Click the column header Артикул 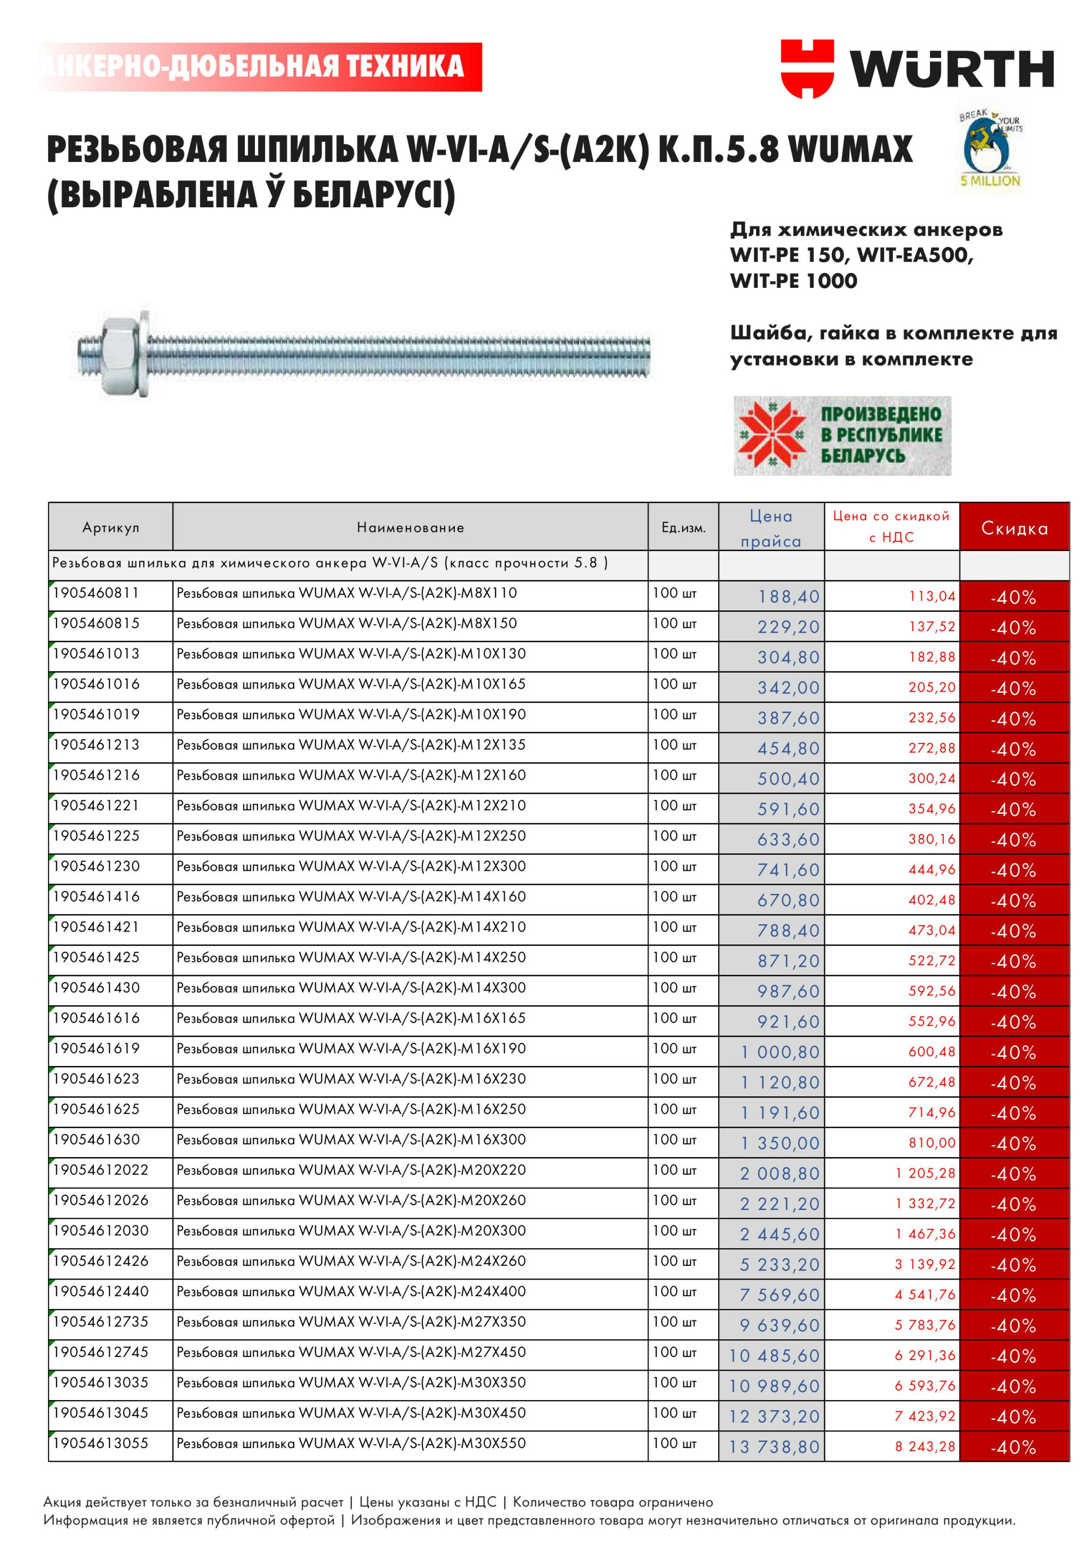(110, 527)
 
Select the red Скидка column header (1014, 528)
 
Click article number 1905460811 (96, 593)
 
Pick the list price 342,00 (789, 688)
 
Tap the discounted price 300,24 (932, 779)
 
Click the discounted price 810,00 (932, 1143)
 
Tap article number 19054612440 (100, 1291)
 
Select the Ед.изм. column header (684, 528)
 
